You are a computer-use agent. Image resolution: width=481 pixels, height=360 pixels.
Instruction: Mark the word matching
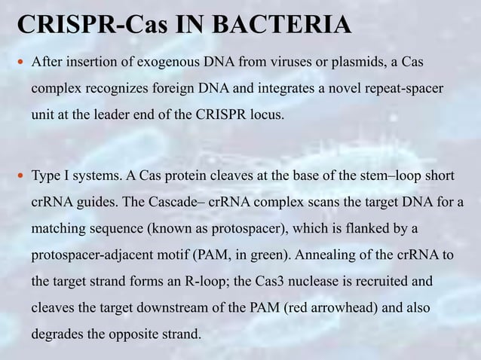click(57, 228)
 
